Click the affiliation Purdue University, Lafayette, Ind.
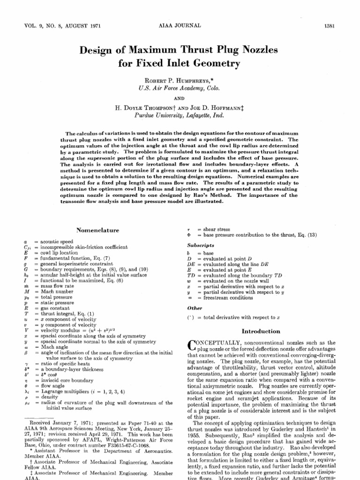click(x=180, y=115)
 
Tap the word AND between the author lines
click(x=180, y=97)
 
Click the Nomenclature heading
click(x=98, y=230)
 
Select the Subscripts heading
click(x=201, y=245)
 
